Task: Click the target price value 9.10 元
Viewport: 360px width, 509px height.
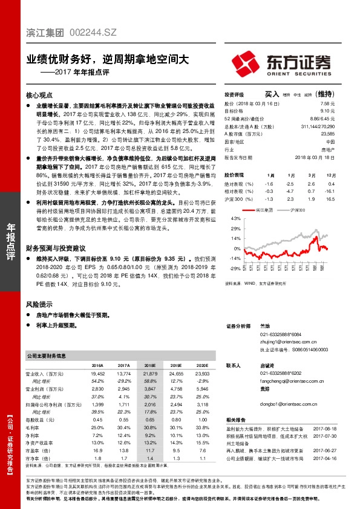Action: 329,111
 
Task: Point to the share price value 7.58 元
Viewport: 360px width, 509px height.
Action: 329,103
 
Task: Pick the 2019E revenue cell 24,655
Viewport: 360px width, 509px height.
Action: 176,375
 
